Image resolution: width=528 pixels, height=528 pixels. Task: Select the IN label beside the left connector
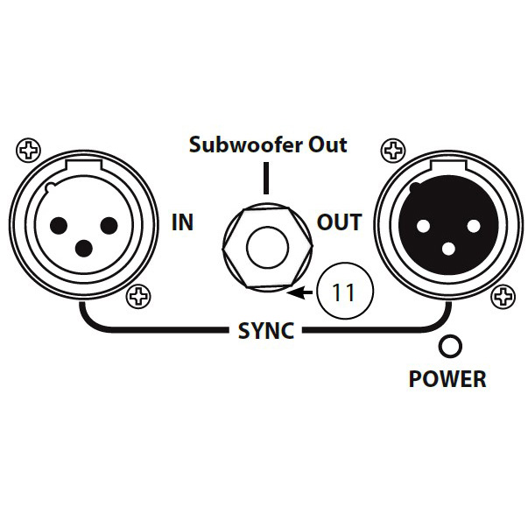(182, 222)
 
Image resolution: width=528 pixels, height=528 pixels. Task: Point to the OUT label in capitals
(339, 222)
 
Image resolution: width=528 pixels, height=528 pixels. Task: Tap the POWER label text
(447, 380)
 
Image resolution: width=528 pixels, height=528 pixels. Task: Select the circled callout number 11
(343, 292)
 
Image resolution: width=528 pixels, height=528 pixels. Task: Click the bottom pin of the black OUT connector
(447, 249)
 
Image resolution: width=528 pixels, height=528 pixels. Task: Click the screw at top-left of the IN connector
(29, 151)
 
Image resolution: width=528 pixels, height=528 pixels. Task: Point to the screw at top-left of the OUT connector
(392, 151)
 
